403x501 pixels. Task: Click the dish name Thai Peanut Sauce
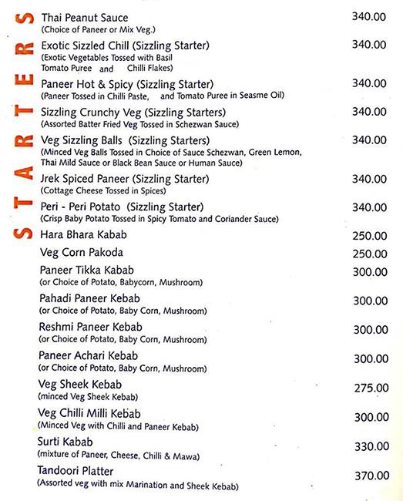[x=84, y=18]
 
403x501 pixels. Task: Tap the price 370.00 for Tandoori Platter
[x=370, y=476]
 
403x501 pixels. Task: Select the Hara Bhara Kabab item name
[x=82, y=234]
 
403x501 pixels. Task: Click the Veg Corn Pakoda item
[x=81, y=253]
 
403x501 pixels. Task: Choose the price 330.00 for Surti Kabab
[x=370, y=446]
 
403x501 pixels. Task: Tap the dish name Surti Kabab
[x=65, y=442]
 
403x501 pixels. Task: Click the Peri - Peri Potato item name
[x=121, y=207]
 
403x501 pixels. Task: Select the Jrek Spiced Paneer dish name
[x=113, y=179]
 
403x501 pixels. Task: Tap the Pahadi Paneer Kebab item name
[x=89, y=299]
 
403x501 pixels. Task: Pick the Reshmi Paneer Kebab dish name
[x=90, y=328]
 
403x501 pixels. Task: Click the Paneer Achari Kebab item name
[x=88, y=356]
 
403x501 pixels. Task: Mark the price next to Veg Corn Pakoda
[x=370, y=254]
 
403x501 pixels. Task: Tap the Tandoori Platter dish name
[x=76, y=471]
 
